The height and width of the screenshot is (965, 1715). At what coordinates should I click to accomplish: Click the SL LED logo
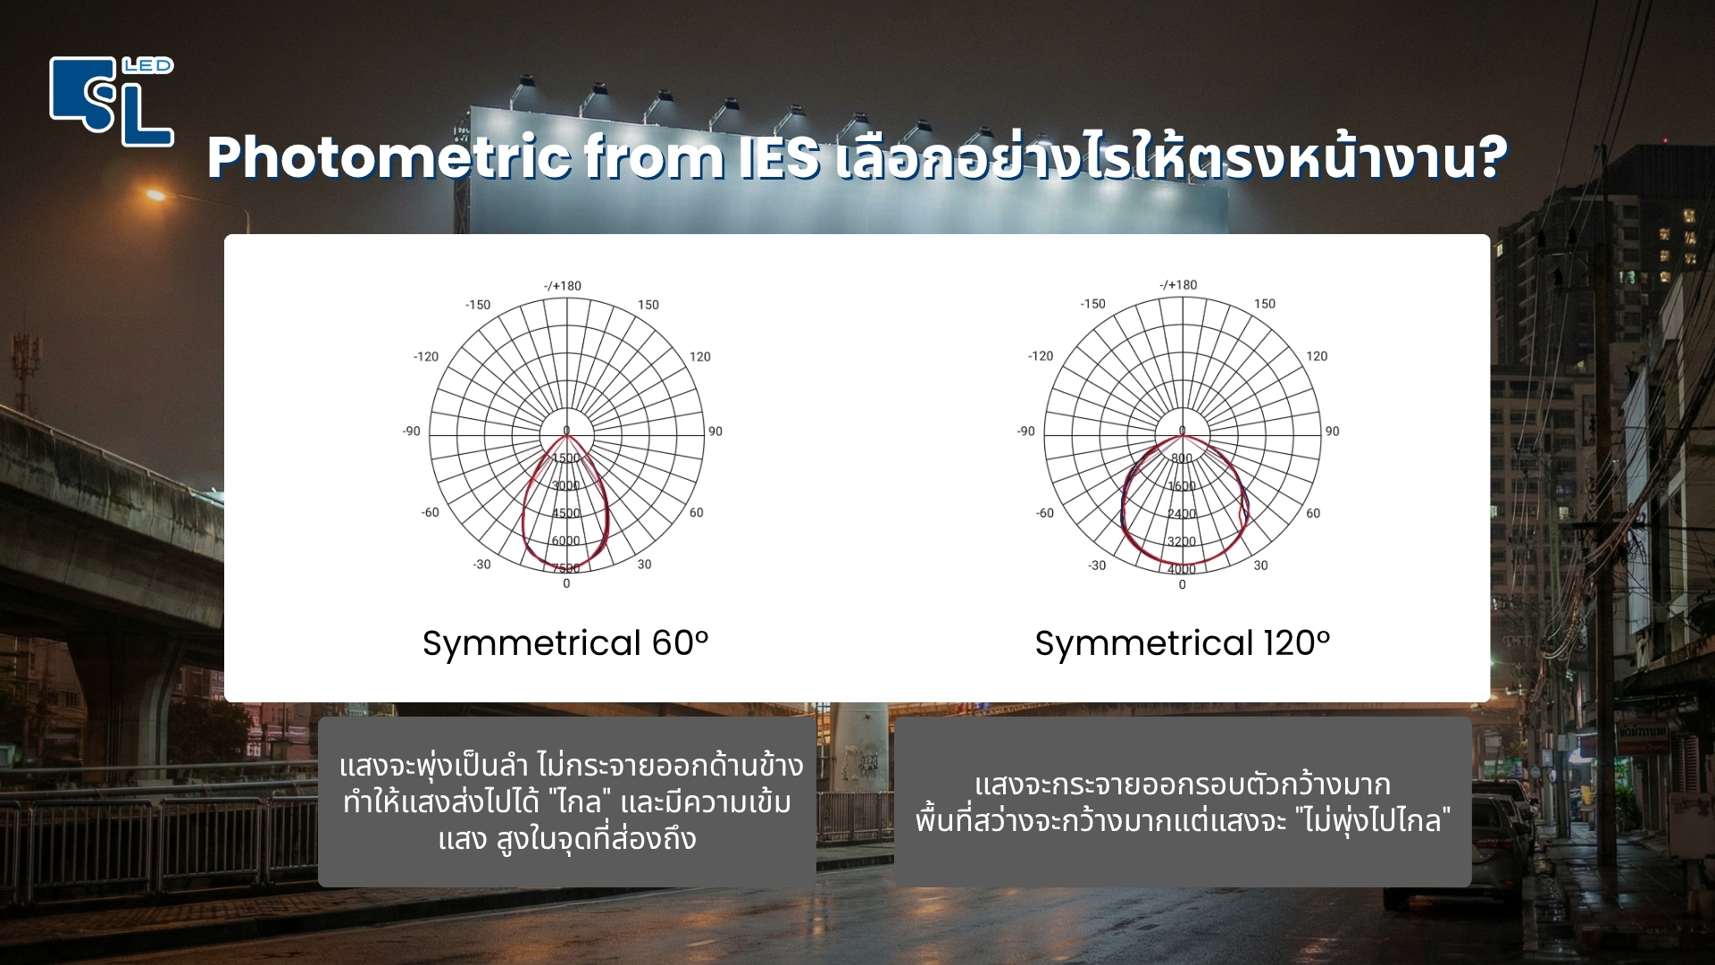point(111,100)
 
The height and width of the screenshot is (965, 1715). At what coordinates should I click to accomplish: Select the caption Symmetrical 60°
point(565,643)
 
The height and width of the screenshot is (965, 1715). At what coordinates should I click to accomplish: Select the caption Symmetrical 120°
point(1182,643)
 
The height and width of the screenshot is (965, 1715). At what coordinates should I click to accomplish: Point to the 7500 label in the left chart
point(565,568)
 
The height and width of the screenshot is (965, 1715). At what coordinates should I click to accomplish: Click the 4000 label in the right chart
point(1181,569)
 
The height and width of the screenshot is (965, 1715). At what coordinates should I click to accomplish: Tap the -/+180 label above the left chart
point(563,286)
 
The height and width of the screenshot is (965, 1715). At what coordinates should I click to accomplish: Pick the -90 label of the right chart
point(1025,432)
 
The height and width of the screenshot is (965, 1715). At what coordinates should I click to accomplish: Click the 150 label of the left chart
point(648,305)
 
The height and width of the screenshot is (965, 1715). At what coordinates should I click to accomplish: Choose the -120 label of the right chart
point(1041,356)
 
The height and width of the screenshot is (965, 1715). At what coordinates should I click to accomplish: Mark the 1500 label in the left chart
point(565,458)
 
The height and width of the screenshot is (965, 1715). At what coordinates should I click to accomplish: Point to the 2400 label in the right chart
point(1181,514)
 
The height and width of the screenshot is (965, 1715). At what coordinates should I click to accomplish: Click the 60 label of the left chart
point(696,513)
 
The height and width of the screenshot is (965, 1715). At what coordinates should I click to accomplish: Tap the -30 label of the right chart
point(1097,566)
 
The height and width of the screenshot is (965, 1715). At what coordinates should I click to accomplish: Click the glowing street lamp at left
point(157,195)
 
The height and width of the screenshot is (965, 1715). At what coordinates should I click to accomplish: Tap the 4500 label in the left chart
point(565,514)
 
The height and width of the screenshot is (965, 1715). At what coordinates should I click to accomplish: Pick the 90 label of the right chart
point(1332,432)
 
